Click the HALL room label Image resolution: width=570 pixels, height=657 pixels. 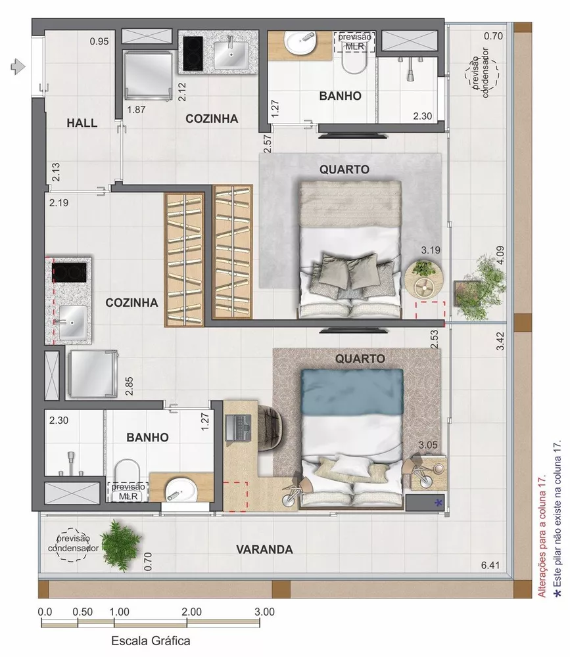[x=82, y=123]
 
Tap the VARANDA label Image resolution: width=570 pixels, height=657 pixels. [x=264, y=549]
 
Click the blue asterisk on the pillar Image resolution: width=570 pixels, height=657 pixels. [x=439, y=503]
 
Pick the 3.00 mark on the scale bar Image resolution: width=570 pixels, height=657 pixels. [x=264, y=610]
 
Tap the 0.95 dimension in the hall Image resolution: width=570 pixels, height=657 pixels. [x=99, y=41]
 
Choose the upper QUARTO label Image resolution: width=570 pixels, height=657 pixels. [x=344, y=169]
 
